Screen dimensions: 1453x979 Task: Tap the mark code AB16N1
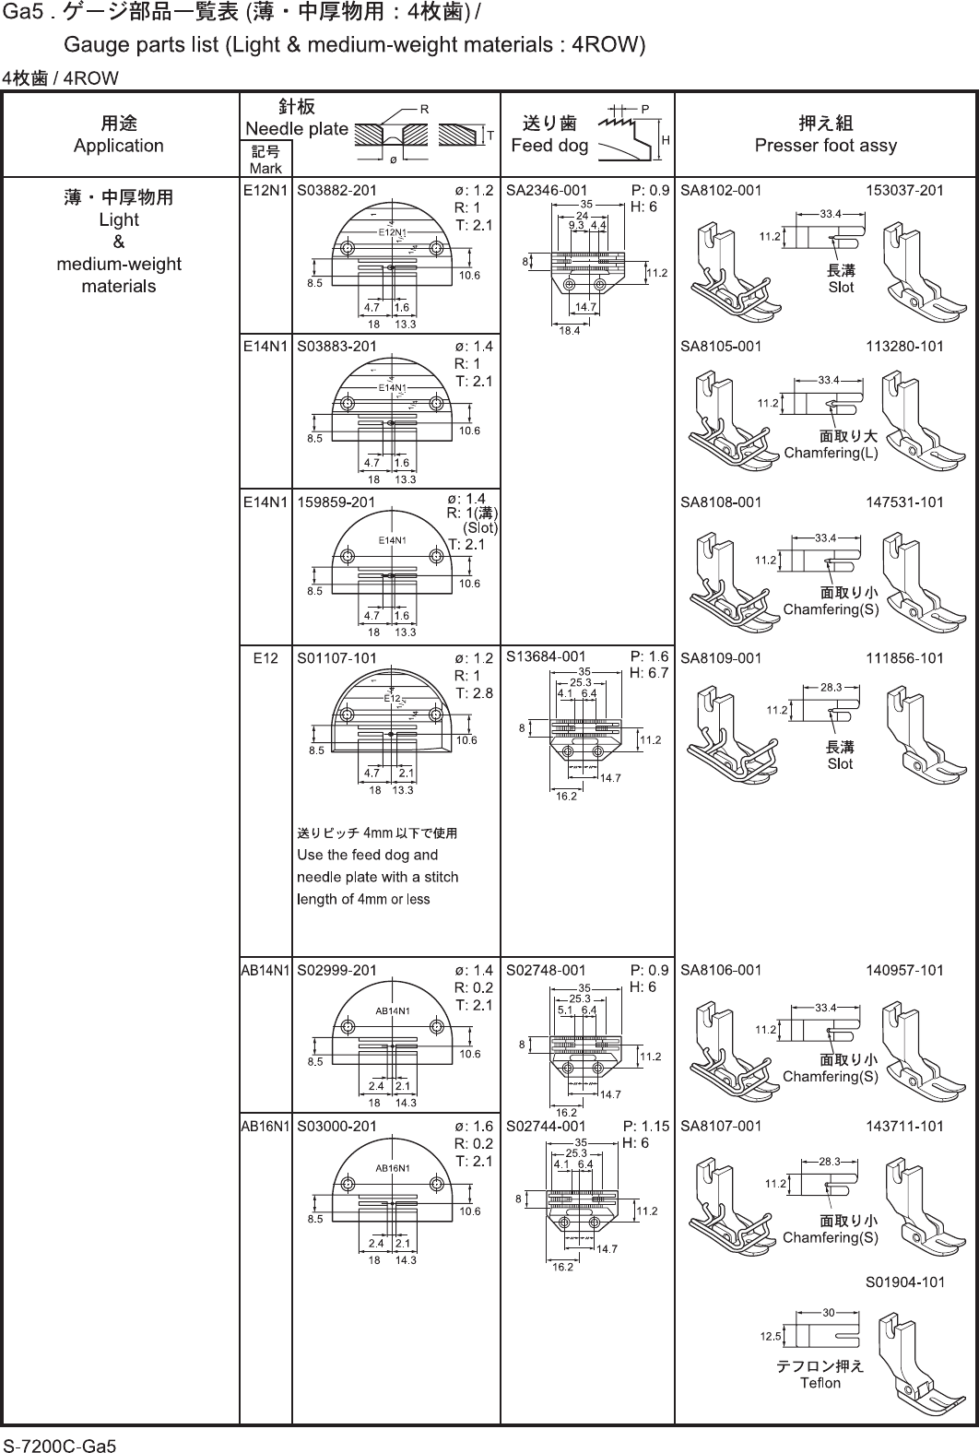pos(265,1126)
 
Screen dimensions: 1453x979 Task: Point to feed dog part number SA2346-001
pos(547,191)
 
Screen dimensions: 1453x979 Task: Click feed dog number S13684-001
pos(547,657)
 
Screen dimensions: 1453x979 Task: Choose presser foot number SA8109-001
pos(721,658)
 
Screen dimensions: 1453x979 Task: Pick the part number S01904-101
pos(904,1282)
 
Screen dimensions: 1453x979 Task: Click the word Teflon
pos(820,1382)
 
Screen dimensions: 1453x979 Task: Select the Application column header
pos(119,145)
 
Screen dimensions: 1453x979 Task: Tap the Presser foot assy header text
pos(825,145)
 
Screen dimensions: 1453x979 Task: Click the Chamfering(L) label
pos(831,453)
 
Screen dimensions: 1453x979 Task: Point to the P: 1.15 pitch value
pos(646,1126)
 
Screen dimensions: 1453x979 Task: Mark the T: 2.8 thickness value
pos(475,693)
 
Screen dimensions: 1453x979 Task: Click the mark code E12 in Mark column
pos(265,658)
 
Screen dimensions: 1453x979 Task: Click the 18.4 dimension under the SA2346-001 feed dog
pos(570,330)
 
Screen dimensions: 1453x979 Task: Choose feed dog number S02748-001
pos(547,970)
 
